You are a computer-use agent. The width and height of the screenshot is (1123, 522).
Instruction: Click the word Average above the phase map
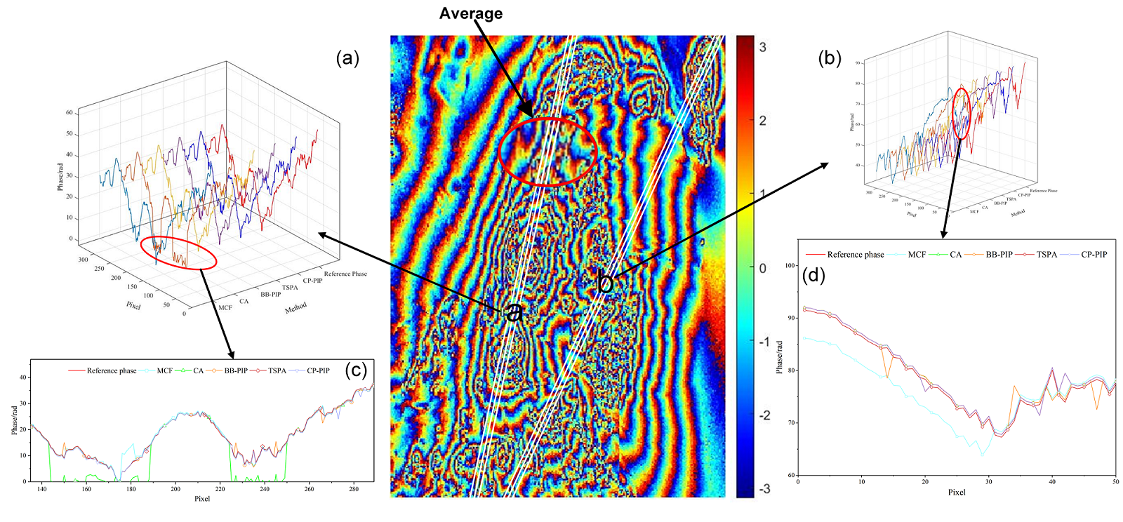470,13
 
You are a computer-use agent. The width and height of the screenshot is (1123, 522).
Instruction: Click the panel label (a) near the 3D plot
347,58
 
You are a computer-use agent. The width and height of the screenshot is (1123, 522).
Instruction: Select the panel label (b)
830,58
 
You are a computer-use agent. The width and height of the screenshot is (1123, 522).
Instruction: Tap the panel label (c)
357,370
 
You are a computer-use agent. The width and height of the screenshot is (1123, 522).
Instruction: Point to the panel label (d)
813,275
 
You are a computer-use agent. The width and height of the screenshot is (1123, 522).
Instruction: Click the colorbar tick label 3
763,47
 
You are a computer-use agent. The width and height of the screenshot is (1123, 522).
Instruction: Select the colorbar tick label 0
763,268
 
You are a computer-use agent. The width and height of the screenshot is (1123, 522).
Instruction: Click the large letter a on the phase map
514,312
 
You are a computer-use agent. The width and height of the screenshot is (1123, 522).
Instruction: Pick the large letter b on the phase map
605,283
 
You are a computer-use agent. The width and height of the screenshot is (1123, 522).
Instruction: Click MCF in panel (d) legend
917,255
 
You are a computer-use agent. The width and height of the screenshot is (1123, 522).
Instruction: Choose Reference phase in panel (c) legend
112,370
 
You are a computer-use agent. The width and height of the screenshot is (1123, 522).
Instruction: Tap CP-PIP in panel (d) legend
1094,255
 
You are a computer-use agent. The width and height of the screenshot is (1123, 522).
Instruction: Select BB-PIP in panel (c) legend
236,370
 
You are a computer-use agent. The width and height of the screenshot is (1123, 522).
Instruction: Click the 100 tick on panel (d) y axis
790,266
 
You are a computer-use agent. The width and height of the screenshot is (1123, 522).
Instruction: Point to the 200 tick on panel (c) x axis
175,489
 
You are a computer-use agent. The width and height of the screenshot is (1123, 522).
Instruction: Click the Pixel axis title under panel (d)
957,492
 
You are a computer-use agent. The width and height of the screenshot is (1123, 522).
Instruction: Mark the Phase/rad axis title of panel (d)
779,357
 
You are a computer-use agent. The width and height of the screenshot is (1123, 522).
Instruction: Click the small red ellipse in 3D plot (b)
961,113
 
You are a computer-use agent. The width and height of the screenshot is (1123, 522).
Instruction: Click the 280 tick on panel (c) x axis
354,489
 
